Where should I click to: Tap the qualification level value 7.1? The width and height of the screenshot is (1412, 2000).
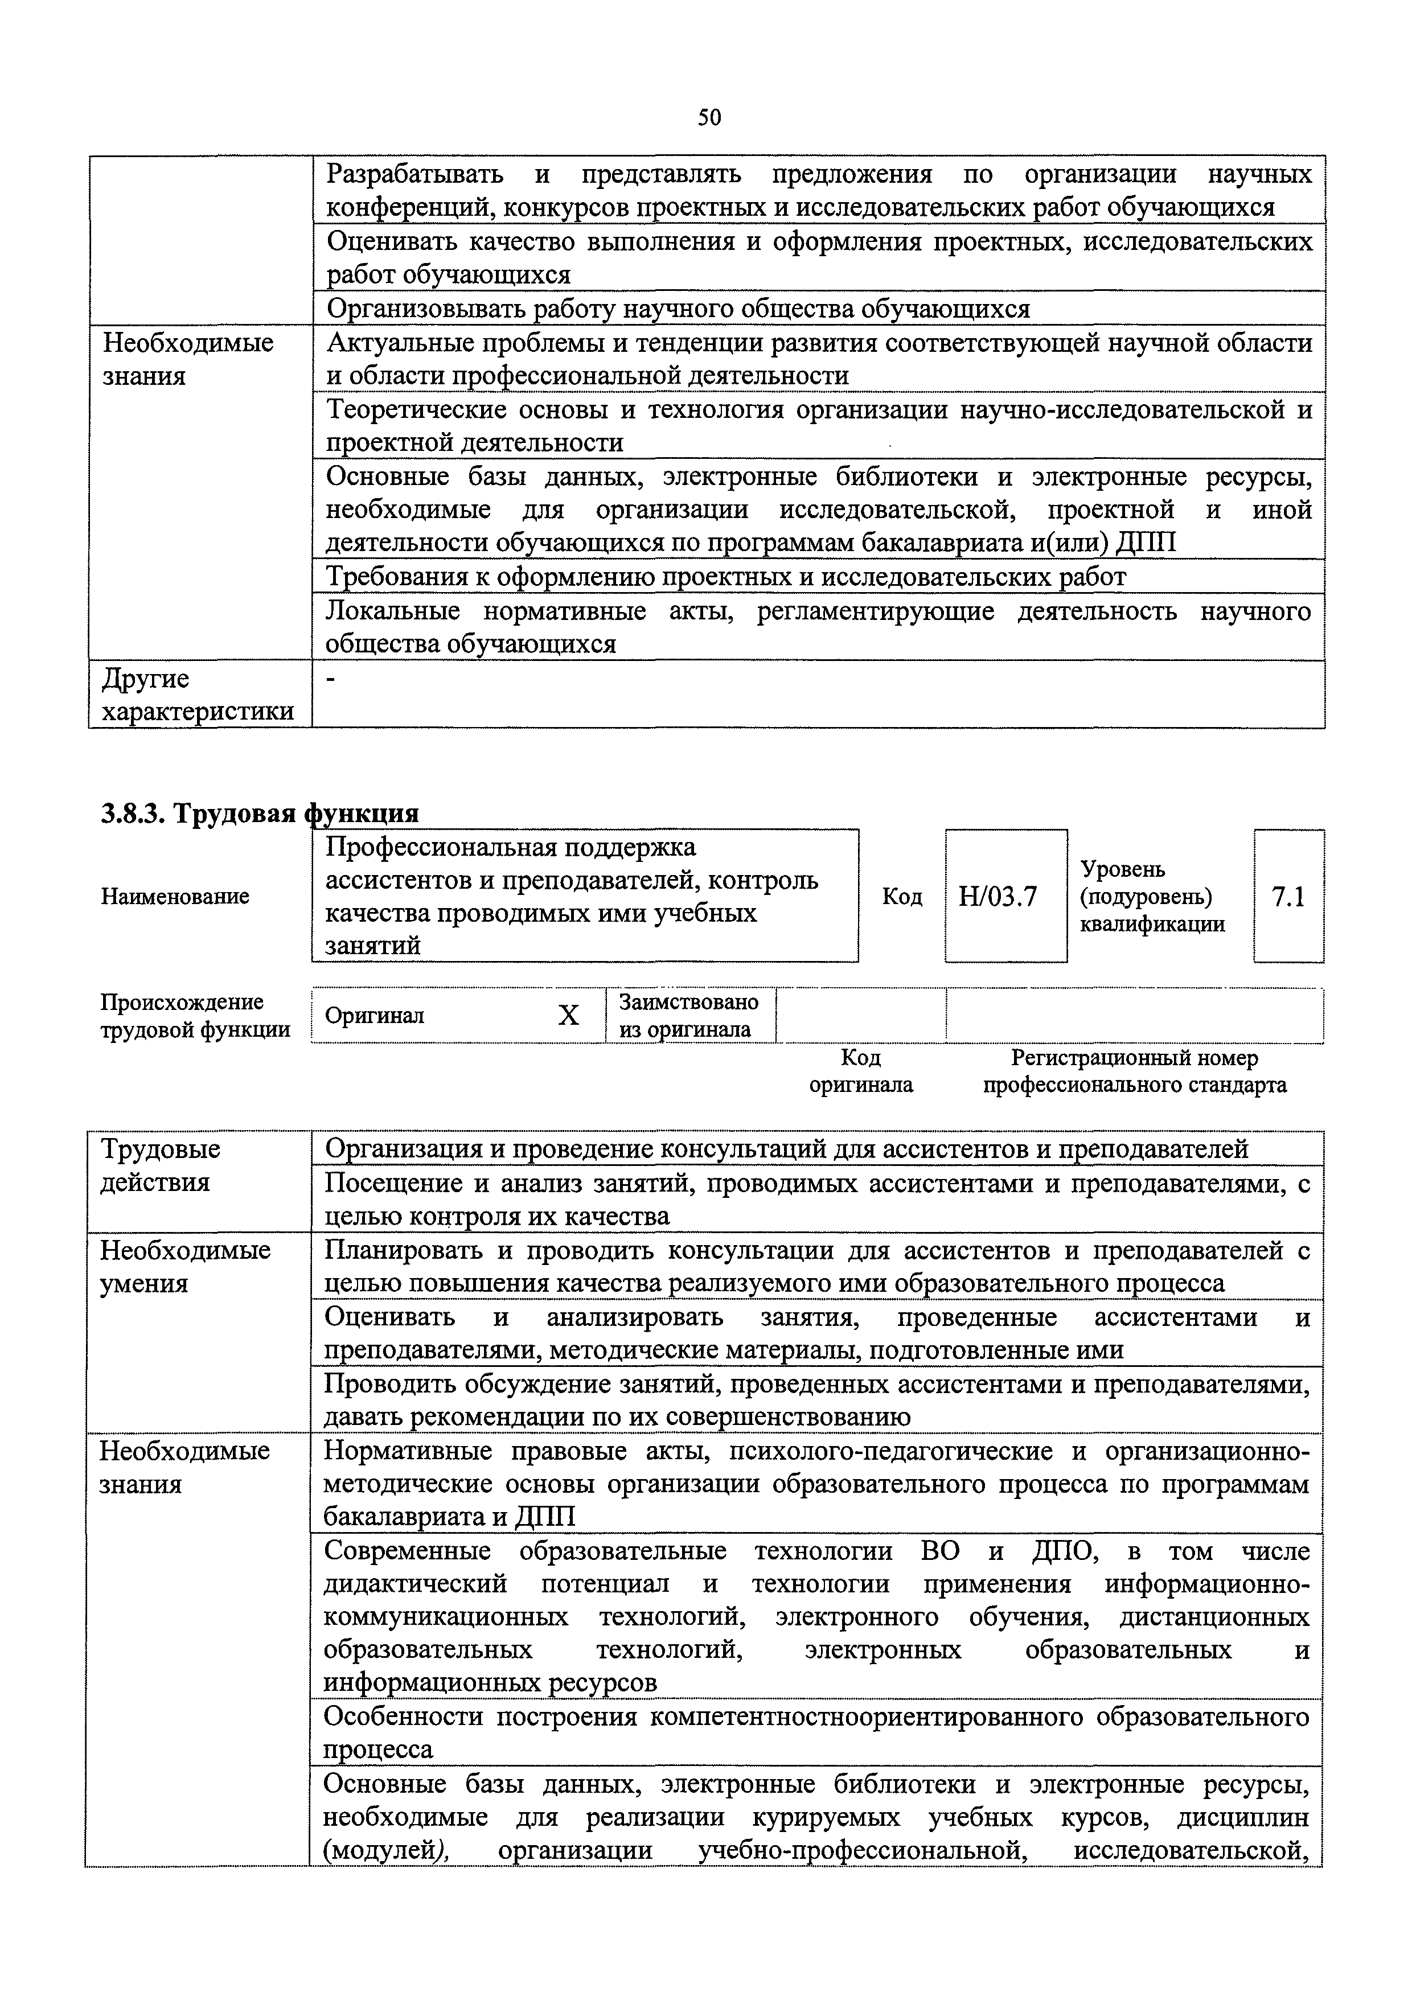[1288, 896]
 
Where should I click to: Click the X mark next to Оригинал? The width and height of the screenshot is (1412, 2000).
[568, 1016]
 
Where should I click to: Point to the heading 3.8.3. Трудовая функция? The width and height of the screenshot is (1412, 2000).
[260, 813]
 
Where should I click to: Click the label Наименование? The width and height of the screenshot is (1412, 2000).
[175, 896]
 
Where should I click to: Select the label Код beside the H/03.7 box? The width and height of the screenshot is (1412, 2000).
[901, 896]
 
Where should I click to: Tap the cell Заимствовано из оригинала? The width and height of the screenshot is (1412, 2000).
[688, 1016]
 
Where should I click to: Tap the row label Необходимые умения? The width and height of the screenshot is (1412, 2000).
[184, 1267]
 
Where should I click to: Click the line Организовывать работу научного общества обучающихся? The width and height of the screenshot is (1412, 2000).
[678, 309]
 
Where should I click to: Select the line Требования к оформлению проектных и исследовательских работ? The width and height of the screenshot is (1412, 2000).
[725, 577]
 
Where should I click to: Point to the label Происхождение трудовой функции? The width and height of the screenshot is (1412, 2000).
[194, 1016]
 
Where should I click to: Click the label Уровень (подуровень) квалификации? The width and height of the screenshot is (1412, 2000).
[1152, 896]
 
